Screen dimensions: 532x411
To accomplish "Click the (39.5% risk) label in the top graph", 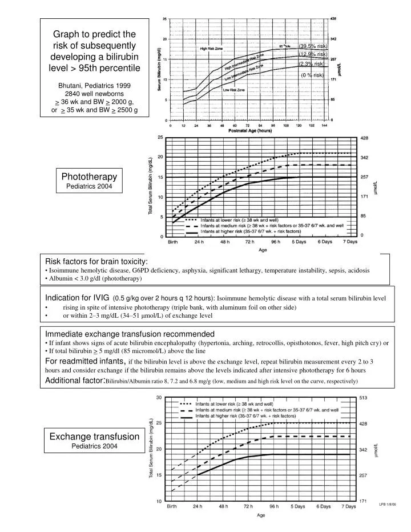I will (313, 47).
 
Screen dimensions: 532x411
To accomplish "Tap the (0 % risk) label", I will (312, 75).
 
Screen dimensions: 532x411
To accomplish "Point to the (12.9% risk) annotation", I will (313, 55).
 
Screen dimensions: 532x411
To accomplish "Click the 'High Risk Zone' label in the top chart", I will (215, 49).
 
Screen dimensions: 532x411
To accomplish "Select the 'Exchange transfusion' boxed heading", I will (94, 437).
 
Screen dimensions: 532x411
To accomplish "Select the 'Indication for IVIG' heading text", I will (78, 298).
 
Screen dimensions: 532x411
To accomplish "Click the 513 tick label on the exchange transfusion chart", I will (364, 398).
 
